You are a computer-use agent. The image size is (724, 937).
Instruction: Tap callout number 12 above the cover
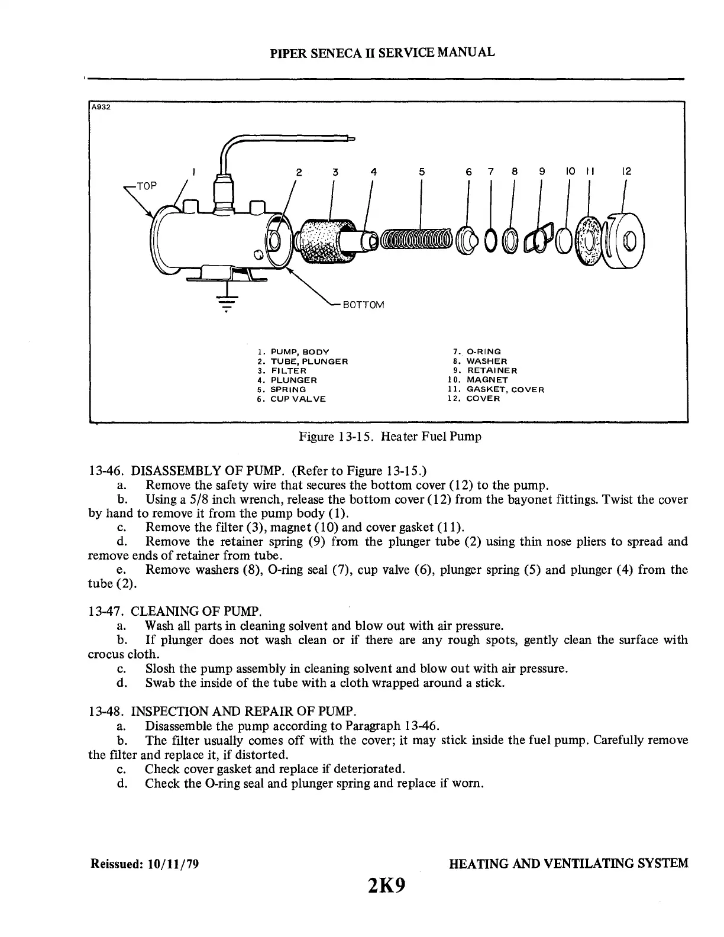(x=628, y=172)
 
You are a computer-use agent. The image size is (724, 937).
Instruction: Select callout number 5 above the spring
(x=422, y=172)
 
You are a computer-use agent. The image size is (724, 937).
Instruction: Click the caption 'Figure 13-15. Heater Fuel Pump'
(x=390, y=437)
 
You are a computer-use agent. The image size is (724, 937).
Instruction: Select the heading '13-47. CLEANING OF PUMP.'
(x=174, y=610)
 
